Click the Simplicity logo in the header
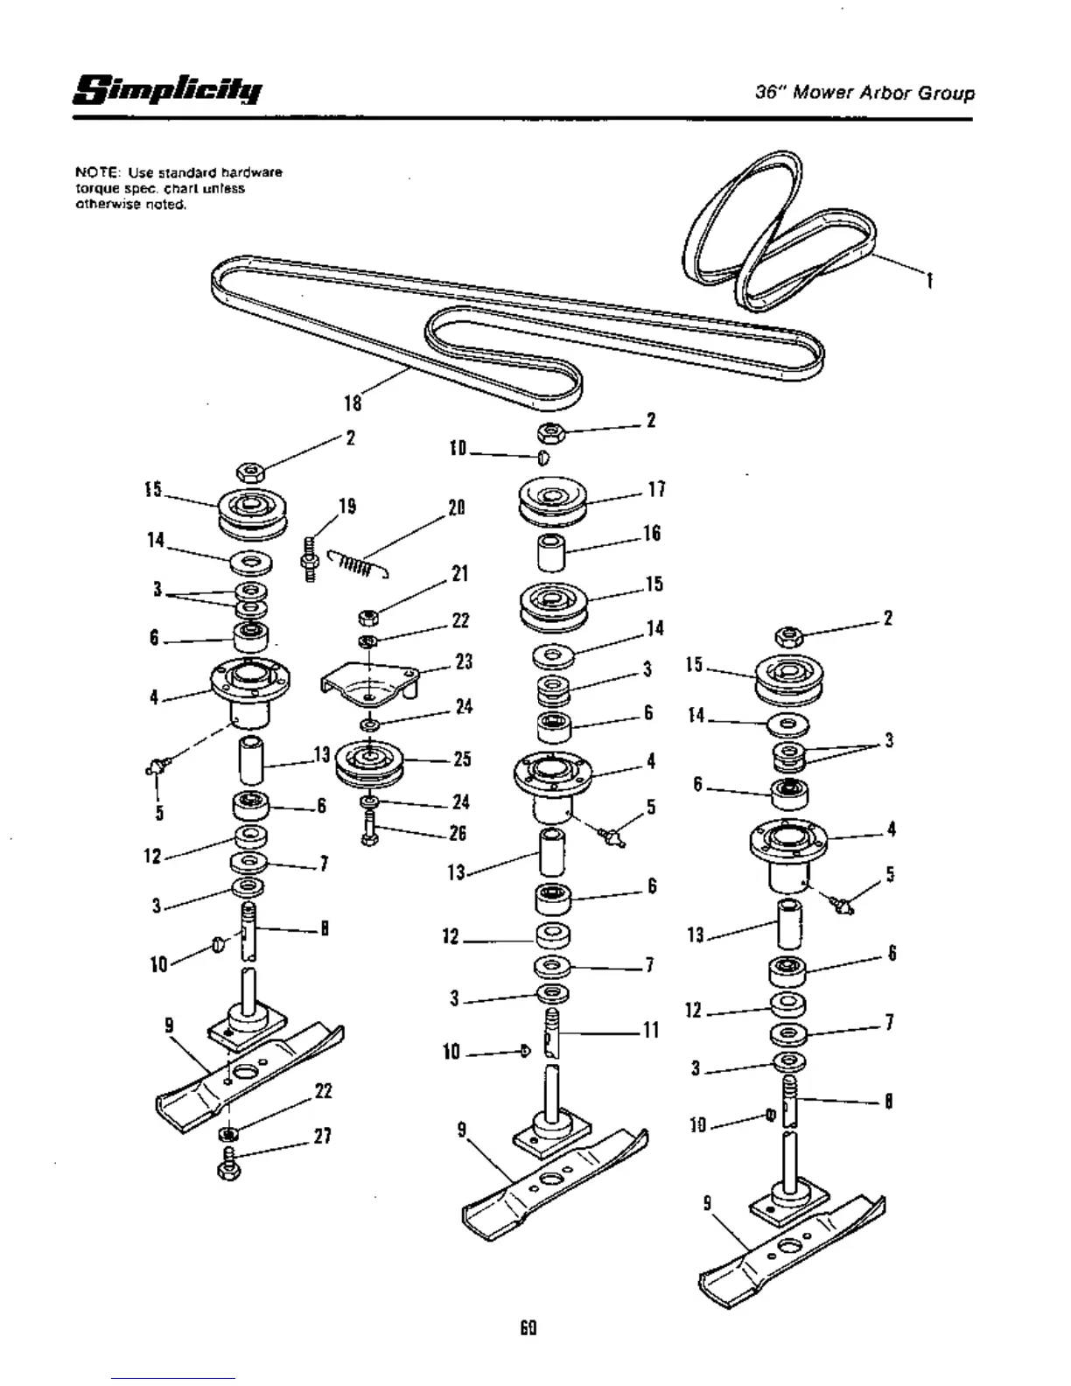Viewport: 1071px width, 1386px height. [x=167, y=90]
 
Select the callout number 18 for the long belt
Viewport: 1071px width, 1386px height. [x=352, y=402]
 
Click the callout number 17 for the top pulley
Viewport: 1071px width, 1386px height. [x=657, y=490]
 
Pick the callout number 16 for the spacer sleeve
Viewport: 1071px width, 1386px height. [x=652, y=534]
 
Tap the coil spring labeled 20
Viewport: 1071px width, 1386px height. [x=357, y=566]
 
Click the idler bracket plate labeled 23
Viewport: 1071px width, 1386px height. [x=367, y=683]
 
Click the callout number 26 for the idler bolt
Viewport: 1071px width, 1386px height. [x=458, y=833]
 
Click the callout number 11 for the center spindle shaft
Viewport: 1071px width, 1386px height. [x=651, y=1030]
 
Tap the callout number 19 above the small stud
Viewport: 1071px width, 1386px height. [x=347, y=507]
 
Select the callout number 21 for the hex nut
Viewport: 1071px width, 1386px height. [x=459, y=574]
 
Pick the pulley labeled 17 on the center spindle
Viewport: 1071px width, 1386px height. [x=551, y=500]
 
